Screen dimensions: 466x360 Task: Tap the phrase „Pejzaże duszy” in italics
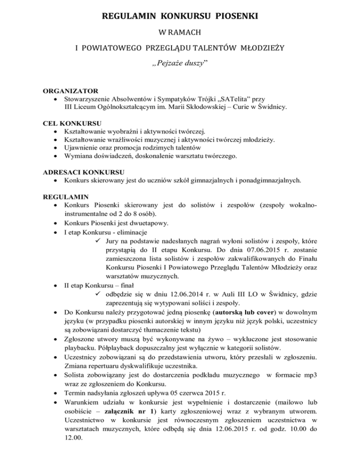[180, 64]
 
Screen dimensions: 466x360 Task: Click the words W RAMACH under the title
[180, 34]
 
